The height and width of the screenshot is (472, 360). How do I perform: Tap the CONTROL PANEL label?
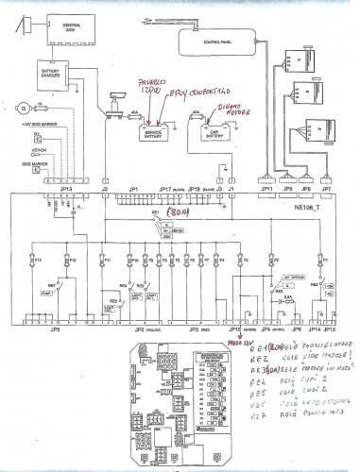coord(217,42)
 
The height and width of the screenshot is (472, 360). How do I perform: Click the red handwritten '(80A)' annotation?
coord(176,213)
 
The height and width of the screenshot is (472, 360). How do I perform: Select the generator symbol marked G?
coord(14,109)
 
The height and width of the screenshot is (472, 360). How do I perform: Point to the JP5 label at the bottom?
coord(55,329)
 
